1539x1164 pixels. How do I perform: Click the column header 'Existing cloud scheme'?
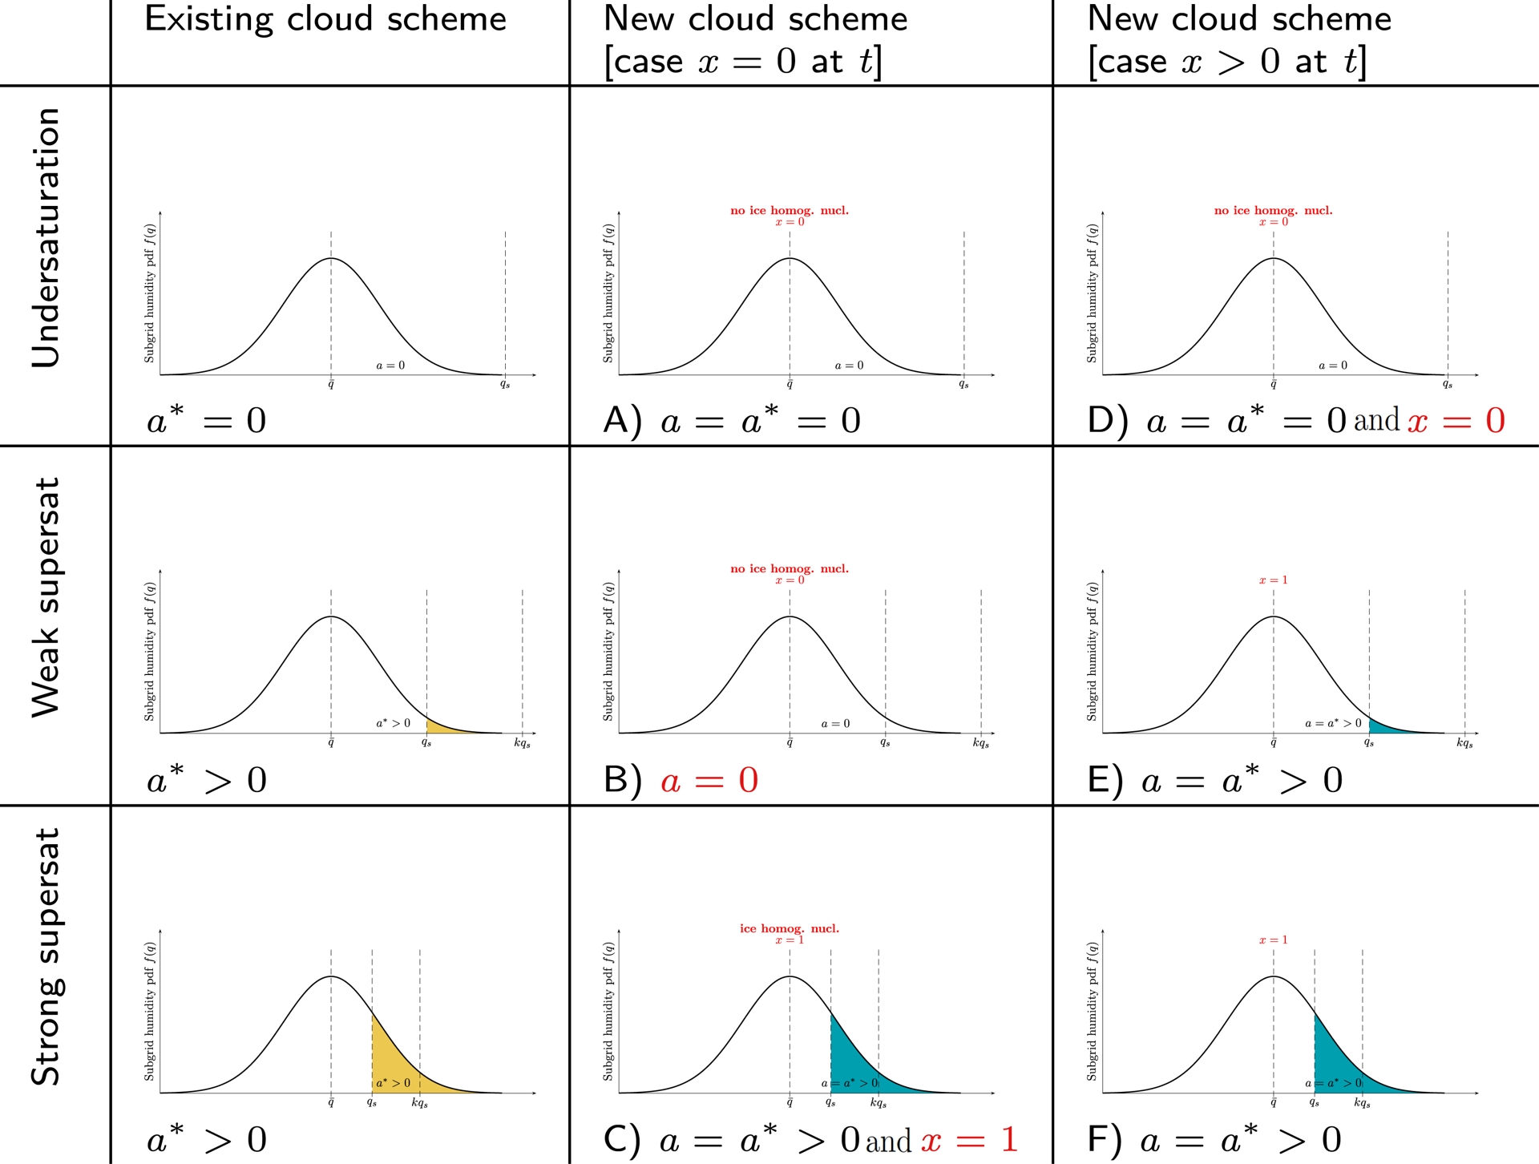click(x=325, y=19)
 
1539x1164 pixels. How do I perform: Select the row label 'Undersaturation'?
click(x=46, y=238)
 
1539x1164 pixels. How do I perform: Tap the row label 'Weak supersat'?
click(x=46, y=597)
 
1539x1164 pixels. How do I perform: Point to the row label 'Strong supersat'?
click(x=46, y=956)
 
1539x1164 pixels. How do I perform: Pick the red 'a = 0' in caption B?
click(x=709, y=780)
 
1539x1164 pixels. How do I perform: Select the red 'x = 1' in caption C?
click(x=969, y=1140)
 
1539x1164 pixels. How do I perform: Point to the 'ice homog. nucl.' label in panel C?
click(x=789, y=928)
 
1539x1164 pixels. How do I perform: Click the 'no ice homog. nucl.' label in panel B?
click(x=789, y=568)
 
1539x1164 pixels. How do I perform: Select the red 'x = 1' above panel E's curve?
click(x=1273, y=580)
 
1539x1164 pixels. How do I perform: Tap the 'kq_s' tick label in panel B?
click(x=980, y=743)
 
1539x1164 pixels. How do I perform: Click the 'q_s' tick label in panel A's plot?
click(x=963, y=385)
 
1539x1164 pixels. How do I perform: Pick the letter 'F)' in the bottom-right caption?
click(x=1105, y=1140)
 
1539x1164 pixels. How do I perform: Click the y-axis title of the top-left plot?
click(x=150, y=293)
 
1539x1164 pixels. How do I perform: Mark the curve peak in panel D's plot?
click(x=1273, y=258)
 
